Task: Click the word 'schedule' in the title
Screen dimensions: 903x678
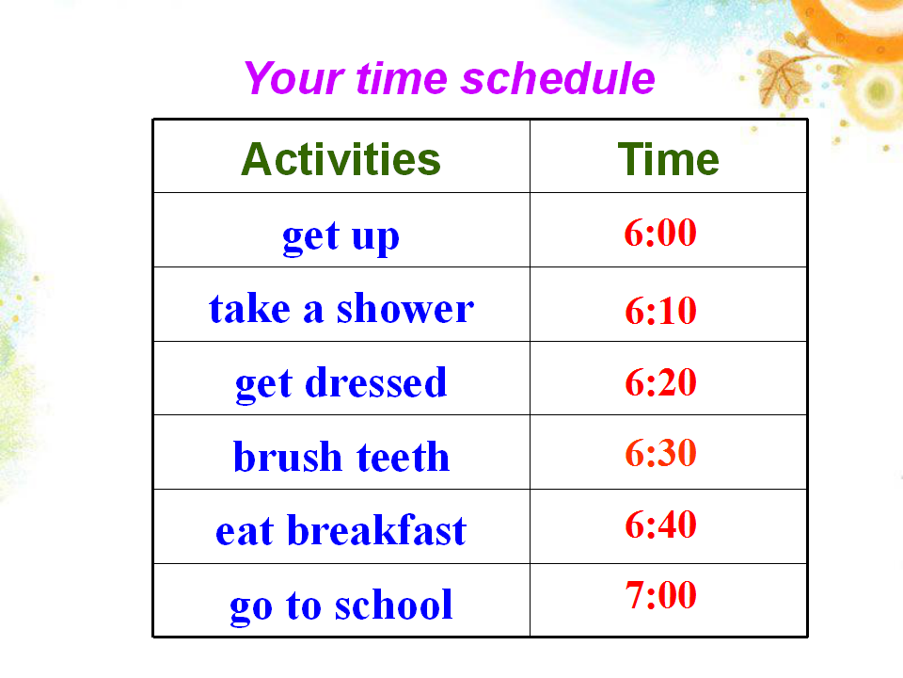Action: click(558, 78)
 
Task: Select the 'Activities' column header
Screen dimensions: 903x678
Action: click(341, 159)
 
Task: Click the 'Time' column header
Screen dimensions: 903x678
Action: click(668, 159)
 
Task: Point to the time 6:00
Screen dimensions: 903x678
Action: click(660, 233)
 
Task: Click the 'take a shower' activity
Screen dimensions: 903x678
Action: click(341, 309)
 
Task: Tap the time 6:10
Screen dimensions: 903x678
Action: click(660, 311)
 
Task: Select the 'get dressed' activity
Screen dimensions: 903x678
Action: click(341, 384)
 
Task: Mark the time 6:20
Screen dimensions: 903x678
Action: click(660, 382)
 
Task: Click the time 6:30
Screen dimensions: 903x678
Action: click(660, 453)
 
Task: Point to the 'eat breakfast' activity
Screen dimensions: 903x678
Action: click(341, 530)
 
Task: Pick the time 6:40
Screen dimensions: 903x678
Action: click(660, 525)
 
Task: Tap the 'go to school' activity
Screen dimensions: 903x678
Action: click(341, 605)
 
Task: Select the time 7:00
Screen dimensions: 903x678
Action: click(660, 595)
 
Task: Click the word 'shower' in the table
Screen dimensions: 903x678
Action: click(405, 309)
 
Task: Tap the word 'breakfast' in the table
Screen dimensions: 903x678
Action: click(376, 530)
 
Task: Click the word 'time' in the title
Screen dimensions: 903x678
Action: click(402, 78)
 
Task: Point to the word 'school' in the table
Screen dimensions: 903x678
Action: click(394, 605)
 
